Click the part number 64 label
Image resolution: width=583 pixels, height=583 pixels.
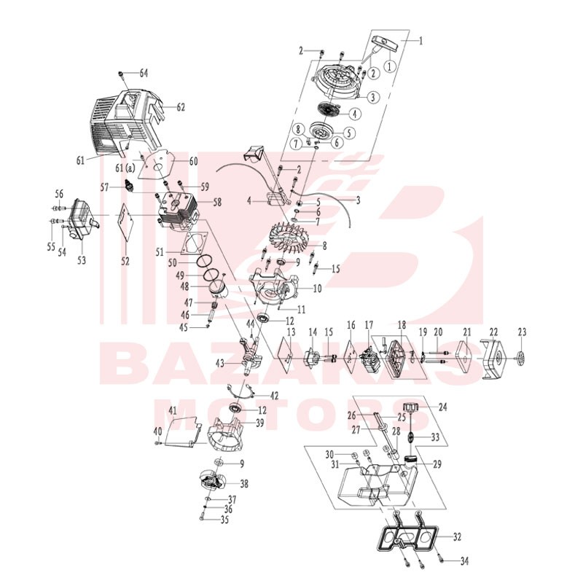(144, 74)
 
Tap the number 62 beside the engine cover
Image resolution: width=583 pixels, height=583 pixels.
(181, 107)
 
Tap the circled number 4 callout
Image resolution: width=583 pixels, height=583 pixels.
(355, 114)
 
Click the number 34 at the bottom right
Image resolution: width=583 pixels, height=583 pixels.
(464, 560)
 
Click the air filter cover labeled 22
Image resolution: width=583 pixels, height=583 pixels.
(493, 359)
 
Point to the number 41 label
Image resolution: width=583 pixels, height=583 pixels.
(173, 411)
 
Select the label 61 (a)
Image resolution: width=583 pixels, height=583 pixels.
(125, 168)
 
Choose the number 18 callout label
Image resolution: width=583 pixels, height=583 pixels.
(402, 324)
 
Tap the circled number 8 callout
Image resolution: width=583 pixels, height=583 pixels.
(298, 130)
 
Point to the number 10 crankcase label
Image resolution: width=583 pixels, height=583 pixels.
(317, 288)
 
